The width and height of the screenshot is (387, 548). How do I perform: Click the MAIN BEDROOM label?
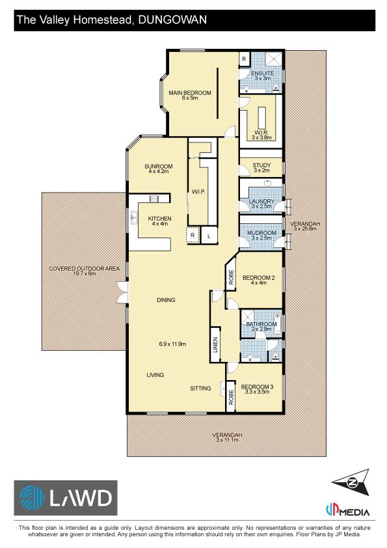[190, 93]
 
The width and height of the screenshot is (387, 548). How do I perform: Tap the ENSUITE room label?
[262, 74]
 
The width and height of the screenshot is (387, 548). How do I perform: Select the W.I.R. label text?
[261, 133]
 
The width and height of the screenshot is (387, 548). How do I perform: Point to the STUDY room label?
[261, 165]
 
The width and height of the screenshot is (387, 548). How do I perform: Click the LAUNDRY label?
[261, 201]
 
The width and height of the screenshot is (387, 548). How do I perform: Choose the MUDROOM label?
[261, 233]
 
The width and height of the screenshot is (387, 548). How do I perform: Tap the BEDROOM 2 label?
[258, 278]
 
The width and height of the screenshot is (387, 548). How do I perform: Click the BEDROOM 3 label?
[257, 387]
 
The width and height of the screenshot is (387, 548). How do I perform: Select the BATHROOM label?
[261, 324]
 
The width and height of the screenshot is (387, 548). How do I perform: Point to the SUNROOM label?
[159, 167]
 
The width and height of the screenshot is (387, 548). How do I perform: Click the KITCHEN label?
[159, 219]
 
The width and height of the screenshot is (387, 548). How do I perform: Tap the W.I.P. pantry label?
[198, 192]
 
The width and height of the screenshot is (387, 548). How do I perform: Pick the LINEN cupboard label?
[215, 344]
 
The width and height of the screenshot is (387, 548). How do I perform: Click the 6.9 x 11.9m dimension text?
[172, 344]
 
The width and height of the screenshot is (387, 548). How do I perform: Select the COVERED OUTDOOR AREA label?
[84, 269]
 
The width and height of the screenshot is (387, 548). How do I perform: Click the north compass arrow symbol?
[351, 482]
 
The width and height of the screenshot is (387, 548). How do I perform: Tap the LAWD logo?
[66, 498]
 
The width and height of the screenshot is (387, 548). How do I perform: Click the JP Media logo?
[347, 510]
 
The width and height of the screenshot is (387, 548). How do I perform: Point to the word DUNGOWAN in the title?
[172, 20]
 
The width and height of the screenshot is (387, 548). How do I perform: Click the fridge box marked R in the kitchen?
[193, 236]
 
